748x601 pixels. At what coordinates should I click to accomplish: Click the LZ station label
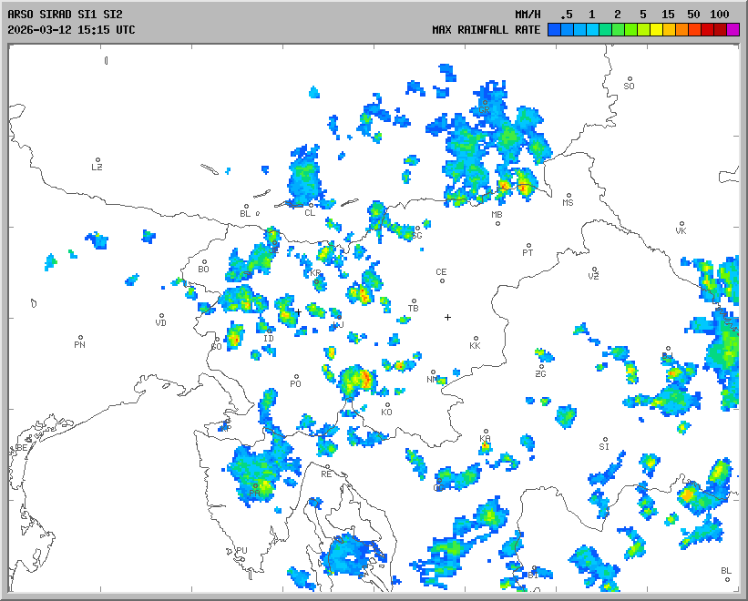(97, 167)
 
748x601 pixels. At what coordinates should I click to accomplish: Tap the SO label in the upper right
(629, 86)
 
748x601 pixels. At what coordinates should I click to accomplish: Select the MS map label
(569, 202)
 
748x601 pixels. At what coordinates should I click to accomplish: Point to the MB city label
(497, 215)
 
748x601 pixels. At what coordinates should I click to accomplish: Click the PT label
(528, 253)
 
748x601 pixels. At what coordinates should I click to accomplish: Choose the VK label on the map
(681, 230)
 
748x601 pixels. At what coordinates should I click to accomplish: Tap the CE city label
(442, 272)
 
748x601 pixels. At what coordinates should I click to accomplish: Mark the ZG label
(541, 373)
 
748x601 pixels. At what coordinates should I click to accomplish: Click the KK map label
(475, 346)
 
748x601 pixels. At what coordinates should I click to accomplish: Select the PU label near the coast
(241, 551)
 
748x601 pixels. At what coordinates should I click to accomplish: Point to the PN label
(80, 344)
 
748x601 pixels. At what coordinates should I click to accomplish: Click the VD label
(161, 322)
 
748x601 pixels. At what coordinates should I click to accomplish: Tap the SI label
(604, 446)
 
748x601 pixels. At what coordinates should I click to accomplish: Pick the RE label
(327, 474)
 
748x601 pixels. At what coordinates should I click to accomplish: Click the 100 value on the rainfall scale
(720, 15)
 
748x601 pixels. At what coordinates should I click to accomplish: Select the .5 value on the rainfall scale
(567, 15)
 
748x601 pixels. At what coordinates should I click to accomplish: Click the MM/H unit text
(527, 15)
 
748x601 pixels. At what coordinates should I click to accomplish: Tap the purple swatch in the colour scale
(733, 30)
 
